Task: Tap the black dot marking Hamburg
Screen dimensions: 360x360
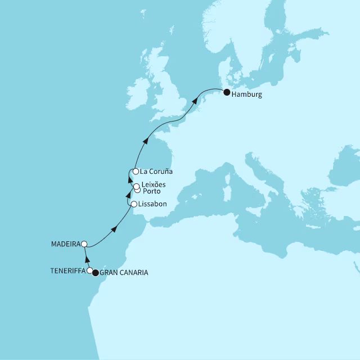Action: click(227, 93)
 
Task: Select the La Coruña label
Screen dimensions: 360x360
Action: click(157, 172)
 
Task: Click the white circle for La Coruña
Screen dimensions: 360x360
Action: click(136, 172)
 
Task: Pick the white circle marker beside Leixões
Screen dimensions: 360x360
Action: click(136, 186)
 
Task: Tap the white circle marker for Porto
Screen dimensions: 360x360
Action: click(138, 190)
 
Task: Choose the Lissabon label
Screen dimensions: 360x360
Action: click(152, 204)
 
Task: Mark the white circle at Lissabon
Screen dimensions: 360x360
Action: click(133, 204)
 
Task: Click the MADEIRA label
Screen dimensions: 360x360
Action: click(65, 244)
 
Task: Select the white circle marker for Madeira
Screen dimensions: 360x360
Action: click(84, 244)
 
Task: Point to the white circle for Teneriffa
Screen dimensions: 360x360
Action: click(90, 271)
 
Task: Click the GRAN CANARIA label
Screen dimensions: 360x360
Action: click(124, 273)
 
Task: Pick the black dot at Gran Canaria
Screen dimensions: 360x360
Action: click(96, 273)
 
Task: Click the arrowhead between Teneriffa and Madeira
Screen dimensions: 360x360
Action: click(87, 260)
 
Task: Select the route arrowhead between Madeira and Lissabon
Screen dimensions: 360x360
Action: click(114, 228)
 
